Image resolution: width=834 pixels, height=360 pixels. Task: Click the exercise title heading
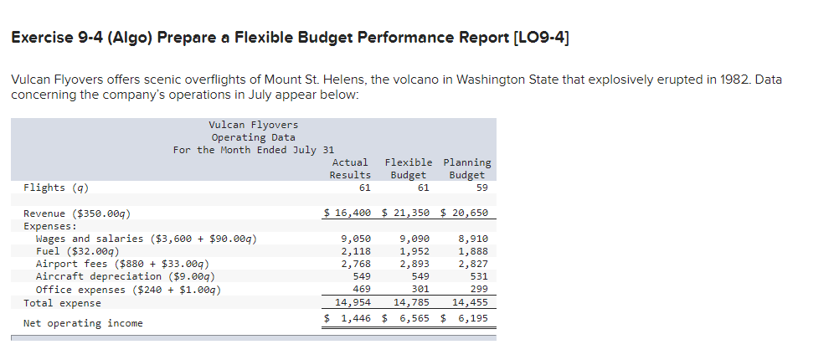[x=292, y=38]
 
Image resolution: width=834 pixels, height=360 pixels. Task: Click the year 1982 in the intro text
[x=717, y=80]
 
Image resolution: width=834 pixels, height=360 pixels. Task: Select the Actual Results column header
[x=350, y=168]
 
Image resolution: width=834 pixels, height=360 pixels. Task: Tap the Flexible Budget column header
[x=409, y=168]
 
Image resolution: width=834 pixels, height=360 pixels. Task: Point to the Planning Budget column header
[x=466, y=168]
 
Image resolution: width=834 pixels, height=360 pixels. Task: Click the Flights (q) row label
[x=56, y=188]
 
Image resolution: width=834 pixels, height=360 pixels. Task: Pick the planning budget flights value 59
[x=481, y=188]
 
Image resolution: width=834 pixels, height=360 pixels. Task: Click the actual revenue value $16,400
[x=347, y=213]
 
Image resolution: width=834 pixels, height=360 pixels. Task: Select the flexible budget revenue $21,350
[x=406, y=213]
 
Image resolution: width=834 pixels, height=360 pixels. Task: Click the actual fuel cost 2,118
[x=356, y=251]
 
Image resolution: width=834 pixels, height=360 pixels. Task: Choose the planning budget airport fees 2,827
[x=473, y=264]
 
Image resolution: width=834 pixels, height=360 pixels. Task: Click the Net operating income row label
[x=83, y=323]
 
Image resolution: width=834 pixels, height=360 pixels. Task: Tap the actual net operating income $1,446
[x=348, y=319]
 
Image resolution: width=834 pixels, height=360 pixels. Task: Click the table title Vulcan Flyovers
[x=253, y=125]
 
